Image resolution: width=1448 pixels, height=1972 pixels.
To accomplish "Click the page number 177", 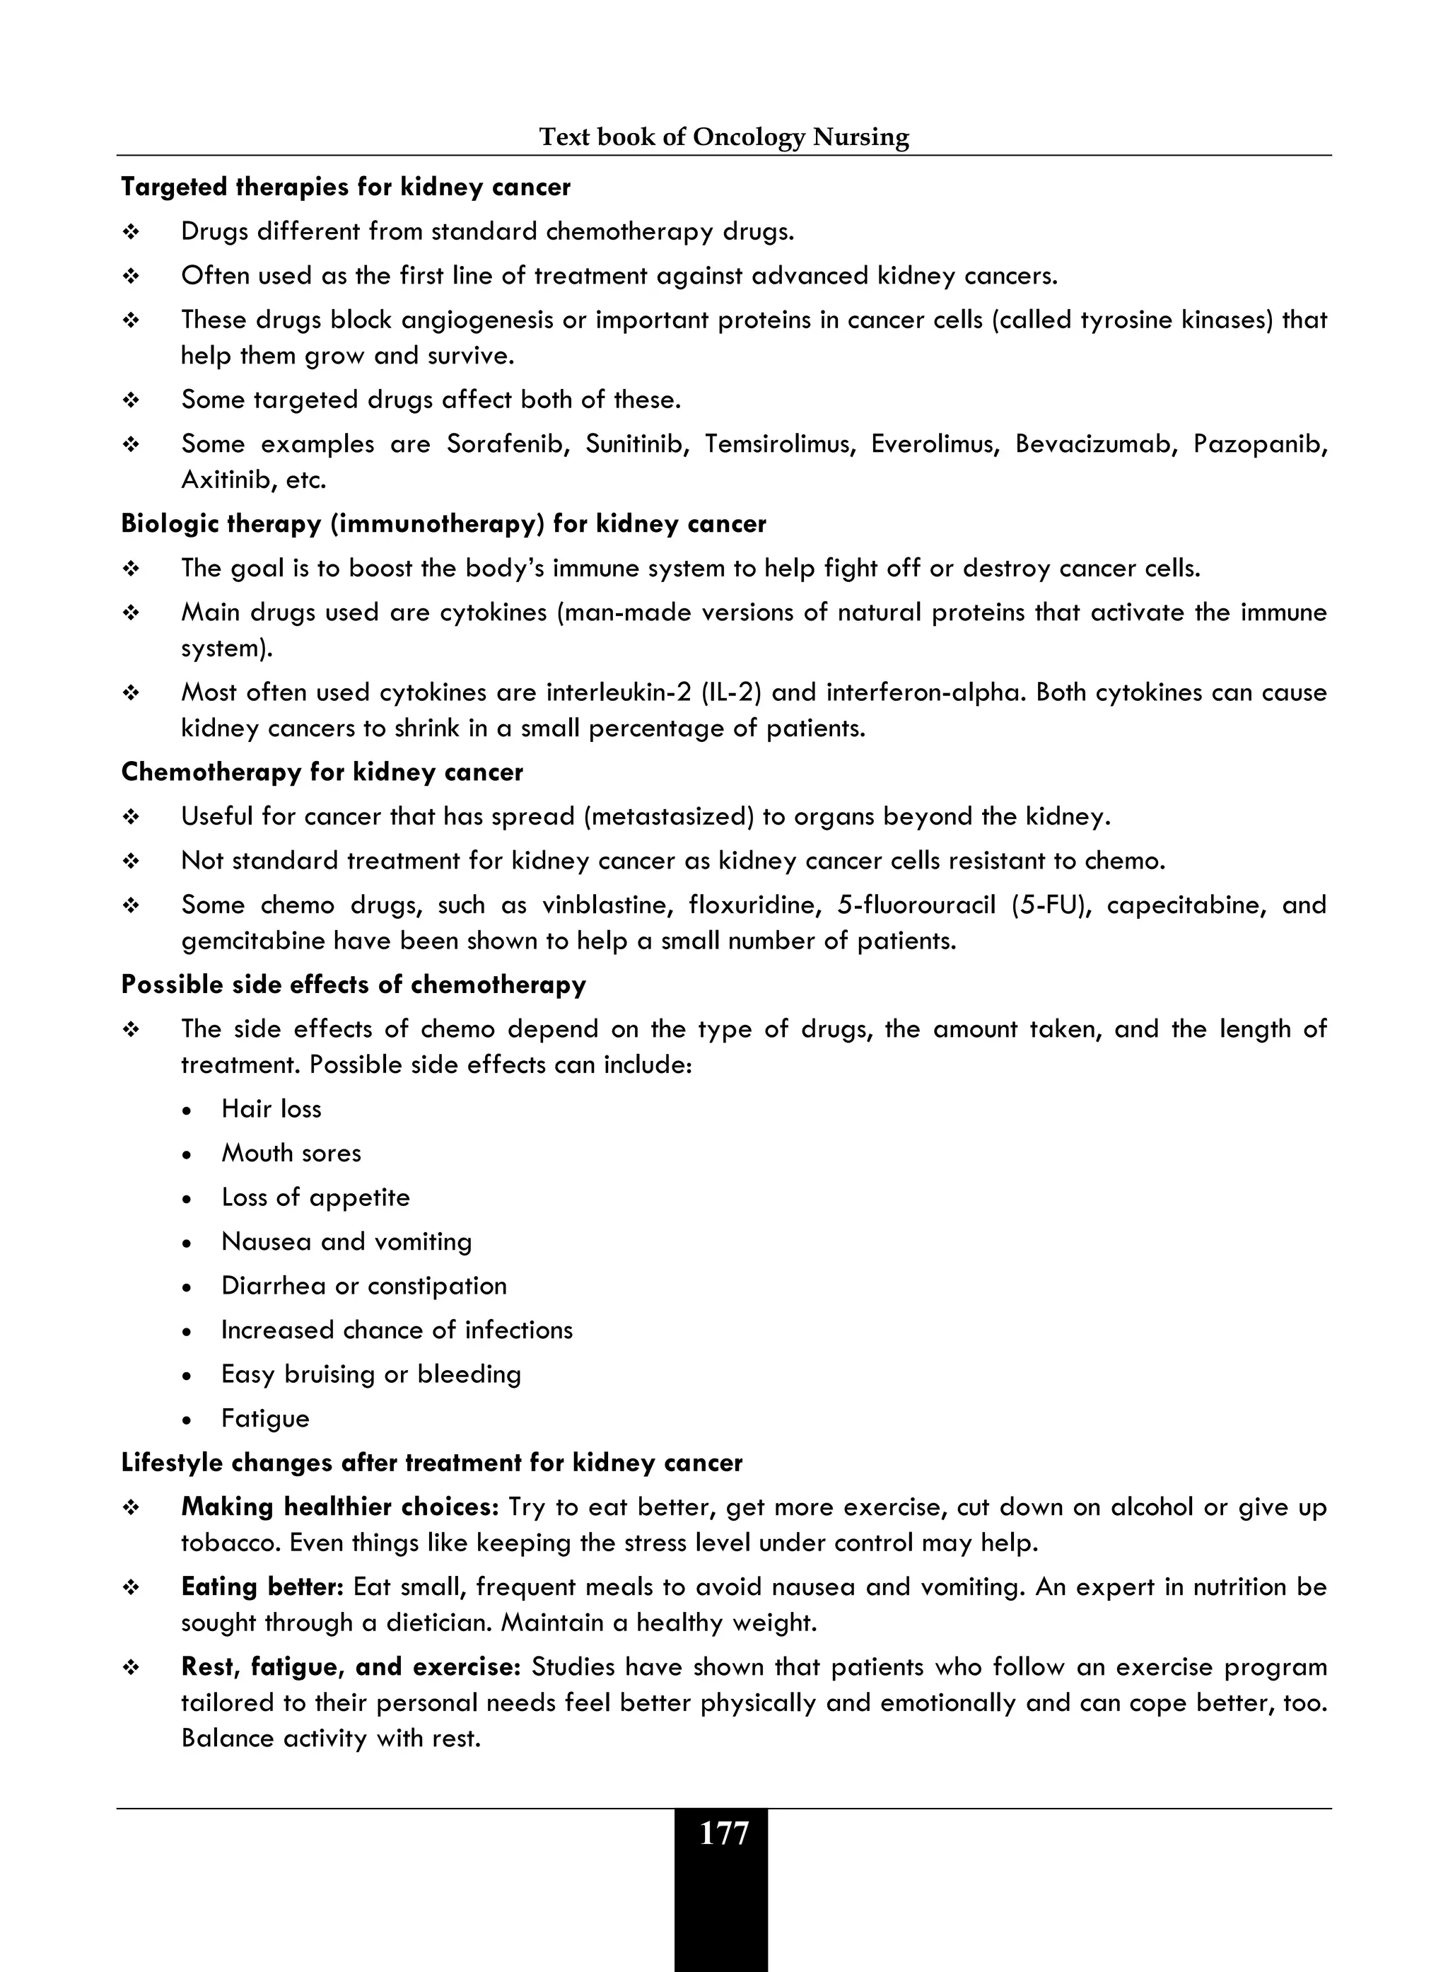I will click(x=723, y=1833).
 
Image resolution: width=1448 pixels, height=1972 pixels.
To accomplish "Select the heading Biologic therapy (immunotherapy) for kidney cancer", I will click(x=443, y=524).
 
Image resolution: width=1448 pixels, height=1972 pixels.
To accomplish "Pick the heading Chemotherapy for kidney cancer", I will click(x=322, y=772).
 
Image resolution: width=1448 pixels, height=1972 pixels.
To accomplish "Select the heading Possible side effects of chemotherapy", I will click(x=354, y=985).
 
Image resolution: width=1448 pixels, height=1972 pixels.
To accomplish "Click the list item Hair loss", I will click(x=271, y=1109).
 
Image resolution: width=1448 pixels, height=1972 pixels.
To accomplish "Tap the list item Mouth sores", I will click(x=291, y=1153).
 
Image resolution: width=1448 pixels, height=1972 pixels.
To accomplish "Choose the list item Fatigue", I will click(x=264, y=1419).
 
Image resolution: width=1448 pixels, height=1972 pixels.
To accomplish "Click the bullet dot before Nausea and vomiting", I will click(x=187, y=1243).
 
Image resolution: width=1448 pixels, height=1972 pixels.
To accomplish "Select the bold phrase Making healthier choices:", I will click(x=339, y=1507).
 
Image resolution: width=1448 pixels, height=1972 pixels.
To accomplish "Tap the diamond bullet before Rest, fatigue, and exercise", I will click(x=132, y=1668).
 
